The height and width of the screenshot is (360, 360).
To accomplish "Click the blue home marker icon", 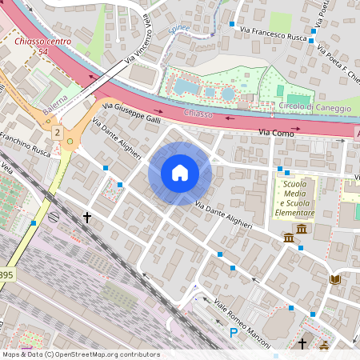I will (180, 173).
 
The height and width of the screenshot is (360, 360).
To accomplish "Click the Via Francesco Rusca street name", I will (273, 35).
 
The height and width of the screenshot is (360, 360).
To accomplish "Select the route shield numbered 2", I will (58, 131).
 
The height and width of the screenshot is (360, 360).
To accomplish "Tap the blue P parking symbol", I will (234, 332).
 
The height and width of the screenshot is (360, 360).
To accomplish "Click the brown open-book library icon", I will (334, 278).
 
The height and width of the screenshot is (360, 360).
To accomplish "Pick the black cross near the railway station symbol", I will (87, 217).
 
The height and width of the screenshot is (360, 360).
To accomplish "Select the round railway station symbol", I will (54, 216).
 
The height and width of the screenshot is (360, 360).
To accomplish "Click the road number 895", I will (6, 274).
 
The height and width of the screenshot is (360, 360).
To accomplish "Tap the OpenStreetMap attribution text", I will (80, 354).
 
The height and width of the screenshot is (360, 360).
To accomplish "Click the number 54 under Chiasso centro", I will (42, 51).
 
